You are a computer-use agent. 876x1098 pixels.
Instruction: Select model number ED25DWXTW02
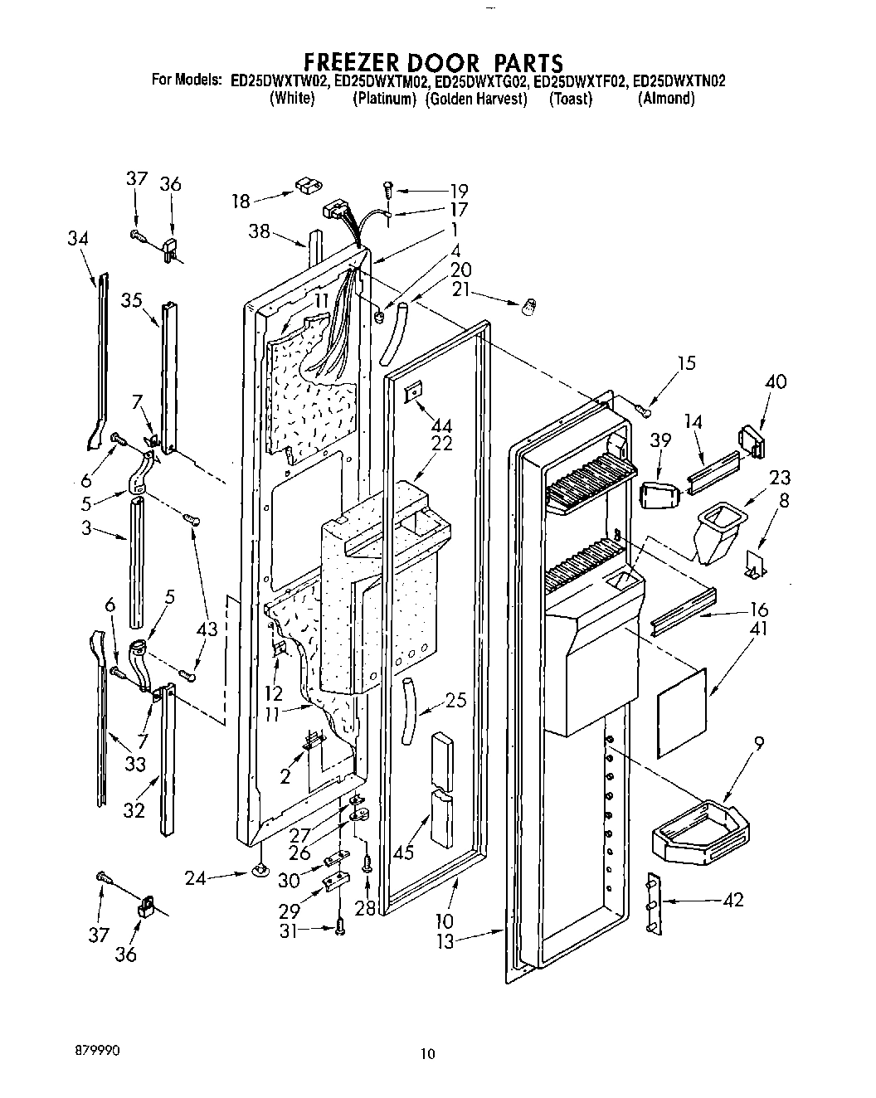(x=280, y=81)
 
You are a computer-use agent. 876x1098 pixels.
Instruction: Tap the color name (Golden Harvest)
(x=476, y=99)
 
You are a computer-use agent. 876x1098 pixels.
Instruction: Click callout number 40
(x=776, y=382)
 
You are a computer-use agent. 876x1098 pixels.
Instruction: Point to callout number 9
(x=760, y=744)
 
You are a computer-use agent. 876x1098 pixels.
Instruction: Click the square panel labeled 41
(x=683, y=712)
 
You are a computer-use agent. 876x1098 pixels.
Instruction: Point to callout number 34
(x=78, y=239)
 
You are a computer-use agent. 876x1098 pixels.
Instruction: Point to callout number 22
(x=442, y=444)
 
